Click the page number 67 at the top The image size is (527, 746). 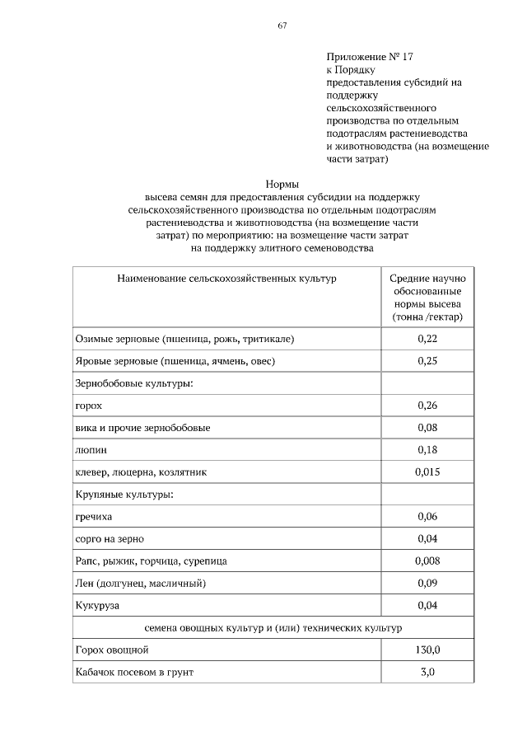click(282, 26)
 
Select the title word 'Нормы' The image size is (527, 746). click(282, 184)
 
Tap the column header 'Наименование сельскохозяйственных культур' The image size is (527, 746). click(227, 279)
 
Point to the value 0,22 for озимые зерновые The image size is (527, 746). click(427, 339)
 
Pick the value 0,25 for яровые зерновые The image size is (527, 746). click(427, 361)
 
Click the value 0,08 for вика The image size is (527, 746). click(427, 428)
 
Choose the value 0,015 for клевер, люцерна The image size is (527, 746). click(427, 472)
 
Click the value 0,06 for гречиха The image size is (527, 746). click(427, 517)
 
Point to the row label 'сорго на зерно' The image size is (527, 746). click(110, 539)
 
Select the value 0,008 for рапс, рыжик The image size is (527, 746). click(427, 561)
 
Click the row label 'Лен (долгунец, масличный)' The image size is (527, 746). click(140, 584)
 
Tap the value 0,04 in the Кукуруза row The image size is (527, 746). click(427, 606)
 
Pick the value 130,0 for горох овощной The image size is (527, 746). click(427, 650)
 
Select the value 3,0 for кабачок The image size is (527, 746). click(427, 673)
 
